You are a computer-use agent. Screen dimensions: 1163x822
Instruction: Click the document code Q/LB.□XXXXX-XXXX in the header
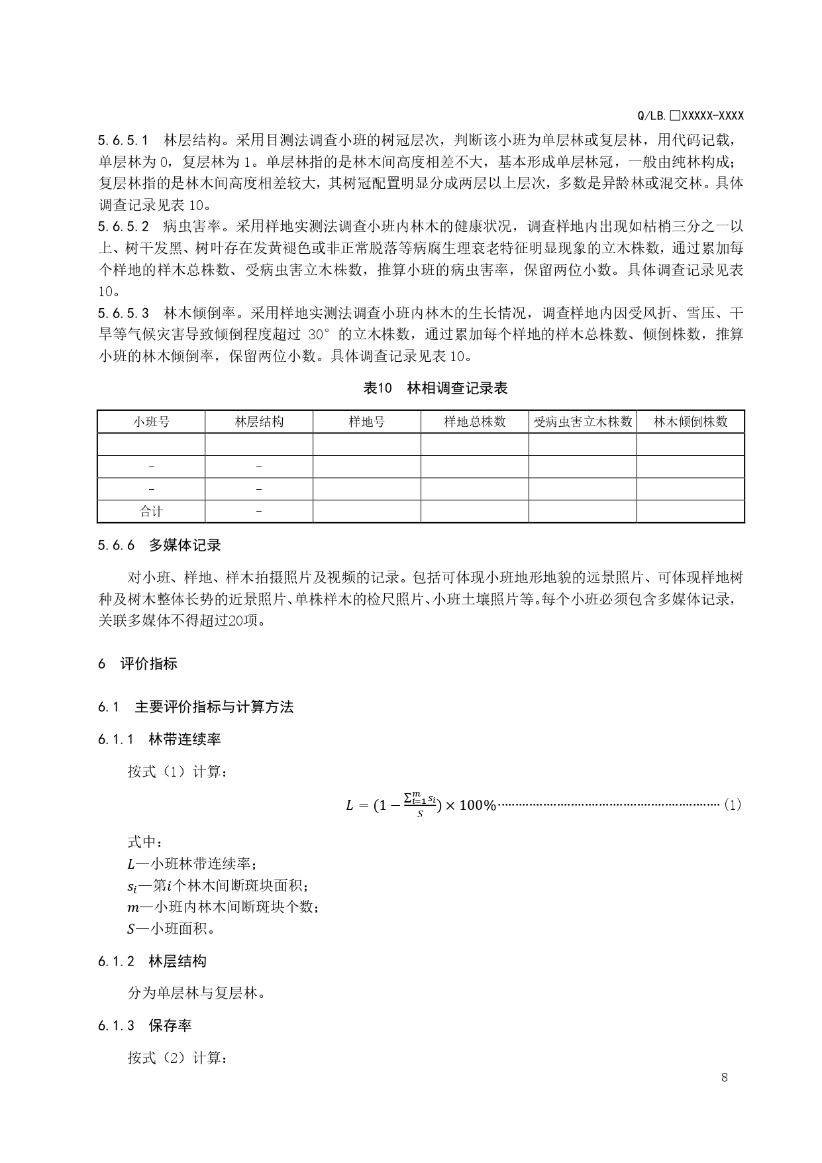click(690, 116)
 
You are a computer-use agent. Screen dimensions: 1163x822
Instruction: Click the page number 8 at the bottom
click(724, 1077)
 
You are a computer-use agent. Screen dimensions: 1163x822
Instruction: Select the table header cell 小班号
click(151, 422)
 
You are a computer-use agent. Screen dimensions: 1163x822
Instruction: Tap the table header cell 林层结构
click(259, 422)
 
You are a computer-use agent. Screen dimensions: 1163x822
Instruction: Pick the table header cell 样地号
click(367, 422)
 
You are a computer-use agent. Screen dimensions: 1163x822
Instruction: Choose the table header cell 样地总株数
click(475, 422)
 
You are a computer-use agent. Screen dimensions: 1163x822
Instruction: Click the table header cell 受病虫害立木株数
click(583, 422)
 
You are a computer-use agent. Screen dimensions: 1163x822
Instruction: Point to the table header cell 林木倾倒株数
click(691, 422)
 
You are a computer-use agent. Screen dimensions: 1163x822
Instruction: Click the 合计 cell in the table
click(151, 512)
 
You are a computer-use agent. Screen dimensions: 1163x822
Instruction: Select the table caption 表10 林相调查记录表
click(435, 388)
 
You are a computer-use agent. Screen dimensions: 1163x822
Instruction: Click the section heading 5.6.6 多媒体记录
click(159, 545)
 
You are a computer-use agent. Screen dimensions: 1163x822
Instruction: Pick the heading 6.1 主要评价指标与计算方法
click(195, 707)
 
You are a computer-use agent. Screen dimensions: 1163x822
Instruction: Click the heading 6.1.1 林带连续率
click(159, 740)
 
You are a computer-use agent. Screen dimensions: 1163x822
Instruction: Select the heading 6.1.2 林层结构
click(152, 962)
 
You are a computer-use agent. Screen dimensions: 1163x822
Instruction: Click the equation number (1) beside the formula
click(732, 804)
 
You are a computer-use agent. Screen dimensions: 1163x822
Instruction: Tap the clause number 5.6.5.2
click(124, 227)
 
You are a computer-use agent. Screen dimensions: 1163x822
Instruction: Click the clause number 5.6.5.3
click(124, 313)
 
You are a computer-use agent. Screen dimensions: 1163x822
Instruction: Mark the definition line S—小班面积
click(172, 928)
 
